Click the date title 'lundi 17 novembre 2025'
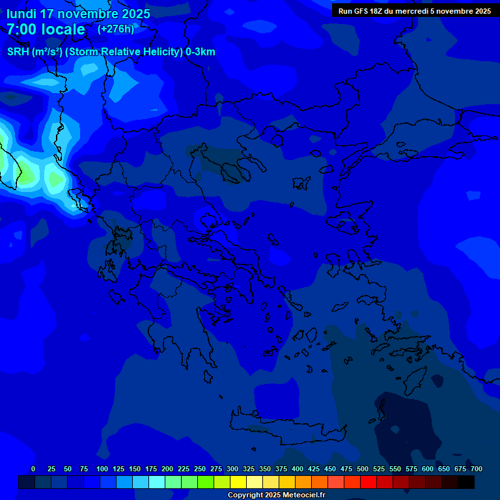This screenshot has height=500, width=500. pyautogui.click(x=78, y=14)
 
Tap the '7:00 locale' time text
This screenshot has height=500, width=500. pyautogui.click(x=46, y=29)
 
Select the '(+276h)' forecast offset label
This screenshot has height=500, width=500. pyautogui.click(x=116, y=29)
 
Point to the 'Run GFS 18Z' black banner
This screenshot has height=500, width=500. pyautogui.click(x=415, y=11)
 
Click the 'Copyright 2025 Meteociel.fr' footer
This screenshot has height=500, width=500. pyautogui.click(x=276, y=495)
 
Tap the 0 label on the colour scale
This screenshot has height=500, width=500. pyautogui.click(x=33, y=469)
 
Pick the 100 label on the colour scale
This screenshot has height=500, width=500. pyautogui.click(x=102, y=469)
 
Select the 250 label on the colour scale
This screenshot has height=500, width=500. pyautogui.click(x=200, y=469)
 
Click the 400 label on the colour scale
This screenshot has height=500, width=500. pyautogui.click(x=298, y=469)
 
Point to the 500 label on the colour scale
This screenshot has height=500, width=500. pyautogui.click(x=363, y=469)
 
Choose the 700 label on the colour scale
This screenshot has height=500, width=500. pyautogui.click(x=477, y=469)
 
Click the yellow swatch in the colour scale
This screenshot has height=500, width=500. pyautogui.click(x=238, y=482)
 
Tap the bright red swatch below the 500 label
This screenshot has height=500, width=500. pyautogui.click(x=368, y=482)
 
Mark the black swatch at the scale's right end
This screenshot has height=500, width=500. pyautogui.click(x=466, y=482)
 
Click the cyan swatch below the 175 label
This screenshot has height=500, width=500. pyautogui.click(x=157, y=482)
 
